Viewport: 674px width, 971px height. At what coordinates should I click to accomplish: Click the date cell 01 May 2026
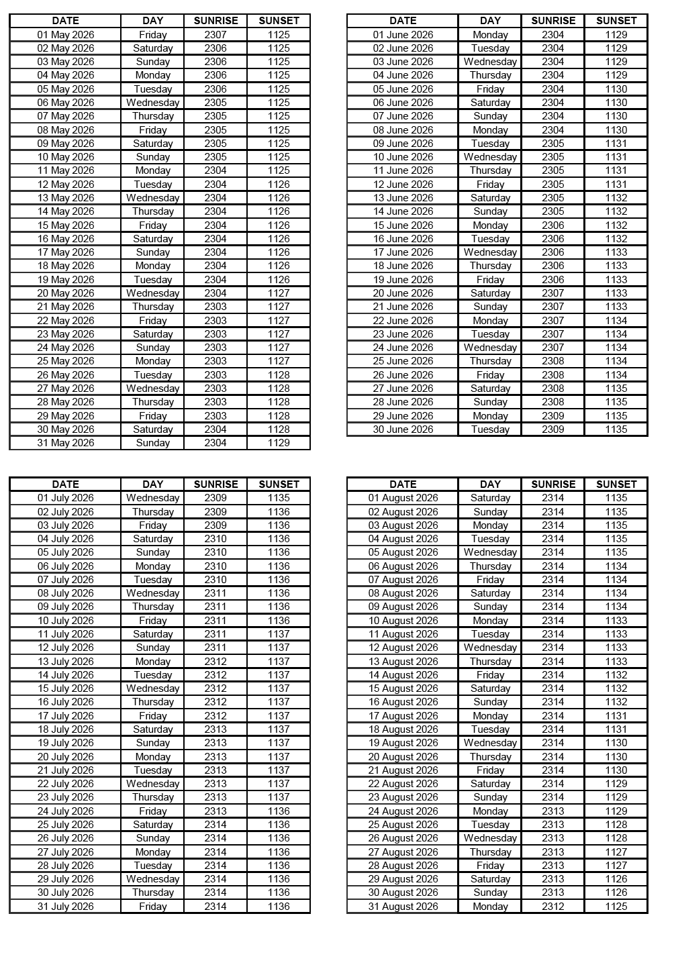[x=66, y=35]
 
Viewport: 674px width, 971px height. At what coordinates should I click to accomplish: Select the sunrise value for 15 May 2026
[x=215, y=225]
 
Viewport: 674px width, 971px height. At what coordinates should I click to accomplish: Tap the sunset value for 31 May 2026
[x=279, y=443]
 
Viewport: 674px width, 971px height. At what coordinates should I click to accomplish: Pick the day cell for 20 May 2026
[x=153, y=293]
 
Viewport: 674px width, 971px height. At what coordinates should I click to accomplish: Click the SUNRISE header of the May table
[x=215, y=21]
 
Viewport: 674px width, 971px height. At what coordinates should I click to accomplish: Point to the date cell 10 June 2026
[x=403, y=157]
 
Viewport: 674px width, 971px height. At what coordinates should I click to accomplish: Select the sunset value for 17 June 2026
[x=616, y=252]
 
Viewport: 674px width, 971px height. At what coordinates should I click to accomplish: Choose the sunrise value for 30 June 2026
[x=553, y=429]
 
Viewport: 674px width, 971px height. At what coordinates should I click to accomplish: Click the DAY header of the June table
[x=490, y=21]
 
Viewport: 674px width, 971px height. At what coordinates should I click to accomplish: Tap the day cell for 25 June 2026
[x=490, y=361]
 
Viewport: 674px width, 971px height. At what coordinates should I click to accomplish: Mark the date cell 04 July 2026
[x=66, y=539]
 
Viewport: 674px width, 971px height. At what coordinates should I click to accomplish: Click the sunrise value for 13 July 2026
[x=215, y=662]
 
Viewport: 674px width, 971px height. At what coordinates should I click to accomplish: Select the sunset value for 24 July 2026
[x=279, y=811]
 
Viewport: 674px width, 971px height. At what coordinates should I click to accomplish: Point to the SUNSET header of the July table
[x=279, y=484]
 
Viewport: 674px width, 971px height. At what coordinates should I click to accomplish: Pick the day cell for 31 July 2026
[x=153, y=907]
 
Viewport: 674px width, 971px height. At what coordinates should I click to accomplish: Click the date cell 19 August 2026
[x=403, y=743]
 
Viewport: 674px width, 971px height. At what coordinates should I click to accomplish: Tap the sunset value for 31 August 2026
[x=616, y=907]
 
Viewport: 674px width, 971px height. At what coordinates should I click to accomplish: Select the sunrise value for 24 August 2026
[x=553, y=811]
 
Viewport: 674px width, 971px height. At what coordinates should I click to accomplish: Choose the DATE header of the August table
[x=403, y=484]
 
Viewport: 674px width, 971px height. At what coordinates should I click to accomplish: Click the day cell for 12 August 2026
[x=490, y=648]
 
